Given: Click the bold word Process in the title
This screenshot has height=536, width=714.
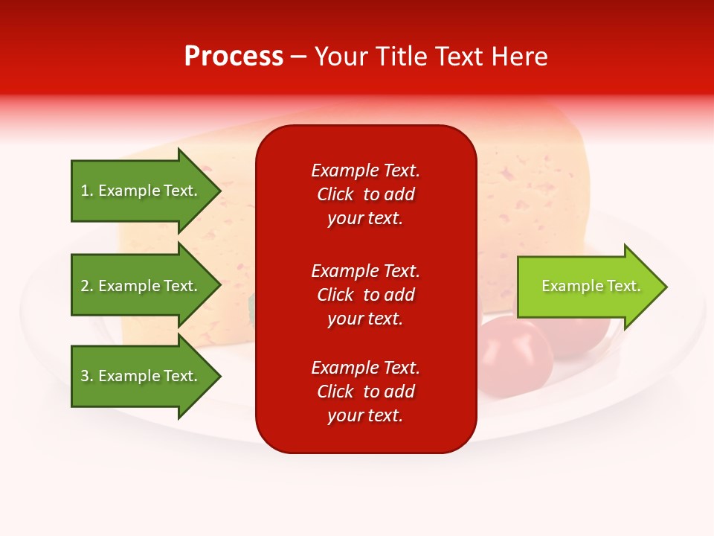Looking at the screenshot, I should (234, 57).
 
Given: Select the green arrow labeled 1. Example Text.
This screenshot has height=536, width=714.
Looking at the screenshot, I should (141, 191).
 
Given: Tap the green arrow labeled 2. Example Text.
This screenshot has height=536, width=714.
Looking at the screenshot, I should (141, 286).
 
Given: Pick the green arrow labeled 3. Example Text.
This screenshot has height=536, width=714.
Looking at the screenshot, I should (141, 376).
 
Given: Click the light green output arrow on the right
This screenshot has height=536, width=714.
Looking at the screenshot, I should (588, 286).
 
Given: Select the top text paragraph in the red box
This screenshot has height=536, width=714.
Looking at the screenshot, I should (365, 194).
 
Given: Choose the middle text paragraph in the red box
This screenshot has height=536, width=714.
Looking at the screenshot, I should (365, 295).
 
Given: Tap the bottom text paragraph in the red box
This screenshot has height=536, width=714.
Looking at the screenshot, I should (365, 392).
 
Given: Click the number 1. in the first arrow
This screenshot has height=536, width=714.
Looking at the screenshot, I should (87, 191).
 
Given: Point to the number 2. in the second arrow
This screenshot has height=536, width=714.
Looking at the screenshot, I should (87, 286).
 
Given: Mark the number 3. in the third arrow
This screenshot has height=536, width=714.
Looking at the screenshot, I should (87, 376).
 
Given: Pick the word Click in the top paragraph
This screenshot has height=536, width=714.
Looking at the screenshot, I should (335, 194).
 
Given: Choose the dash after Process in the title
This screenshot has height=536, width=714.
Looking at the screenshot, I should (299, 57).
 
